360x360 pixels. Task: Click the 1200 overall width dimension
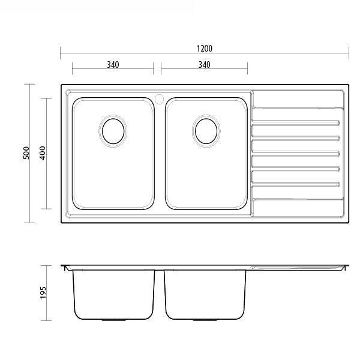pos(204,49)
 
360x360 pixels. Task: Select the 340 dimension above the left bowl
pos(112,65)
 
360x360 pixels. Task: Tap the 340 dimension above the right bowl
pos(204,65)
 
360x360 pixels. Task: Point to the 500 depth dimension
pos(26,154)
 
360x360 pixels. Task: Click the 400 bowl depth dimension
pos(42,154)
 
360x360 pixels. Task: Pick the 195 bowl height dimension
pos(42,292)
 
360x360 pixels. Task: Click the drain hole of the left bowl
pos(112,130)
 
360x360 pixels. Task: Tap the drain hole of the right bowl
pos(206,130)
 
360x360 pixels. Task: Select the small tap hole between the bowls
pos(159,98)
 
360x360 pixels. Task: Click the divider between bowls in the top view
pos(159,156)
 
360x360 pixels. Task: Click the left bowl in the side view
pos(112,294)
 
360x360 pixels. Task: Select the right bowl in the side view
pos(206,294)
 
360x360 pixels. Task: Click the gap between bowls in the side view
pos(159,294)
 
